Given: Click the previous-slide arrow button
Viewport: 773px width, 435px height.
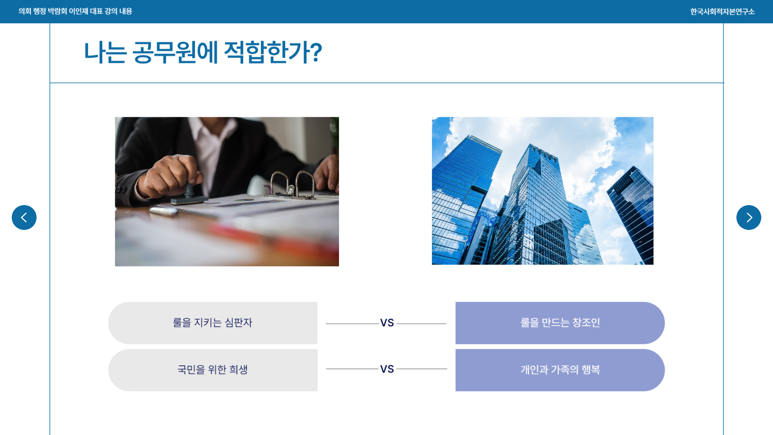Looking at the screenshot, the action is coord(24,217).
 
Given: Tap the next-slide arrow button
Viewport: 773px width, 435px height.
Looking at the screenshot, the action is coord(749,217).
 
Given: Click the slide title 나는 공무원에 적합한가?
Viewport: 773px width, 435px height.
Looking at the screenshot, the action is coord(203,52).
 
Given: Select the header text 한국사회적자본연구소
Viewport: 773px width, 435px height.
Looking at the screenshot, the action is coord(722,12).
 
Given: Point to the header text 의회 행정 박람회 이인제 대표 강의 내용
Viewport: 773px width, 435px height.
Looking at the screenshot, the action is coord(75,11).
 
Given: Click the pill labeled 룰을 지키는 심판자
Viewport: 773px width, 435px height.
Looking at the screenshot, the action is coord(213,323).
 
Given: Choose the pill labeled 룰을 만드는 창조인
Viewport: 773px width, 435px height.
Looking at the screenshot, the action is coord(560,323).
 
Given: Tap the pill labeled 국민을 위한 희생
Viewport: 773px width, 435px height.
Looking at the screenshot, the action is coord(213,370).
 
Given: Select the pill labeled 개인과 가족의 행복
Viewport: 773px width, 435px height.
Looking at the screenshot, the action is coord(560,370).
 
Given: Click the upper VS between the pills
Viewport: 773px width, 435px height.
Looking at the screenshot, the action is coord(387,323).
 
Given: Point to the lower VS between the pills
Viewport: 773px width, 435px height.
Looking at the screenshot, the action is coord(387,369).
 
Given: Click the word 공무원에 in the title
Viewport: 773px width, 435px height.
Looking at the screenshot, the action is coord(175,52).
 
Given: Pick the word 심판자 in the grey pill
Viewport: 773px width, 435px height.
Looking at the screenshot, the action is coord(238,323).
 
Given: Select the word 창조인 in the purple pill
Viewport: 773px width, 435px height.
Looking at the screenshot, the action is coord(586,323).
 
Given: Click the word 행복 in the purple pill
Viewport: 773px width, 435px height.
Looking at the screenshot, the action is coord(591,369).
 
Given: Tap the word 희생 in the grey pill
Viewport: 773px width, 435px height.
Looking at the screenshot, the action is coord(238,369).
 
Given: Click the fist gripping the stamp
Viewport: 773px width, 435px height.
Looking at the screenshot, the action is coord(173,175).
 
